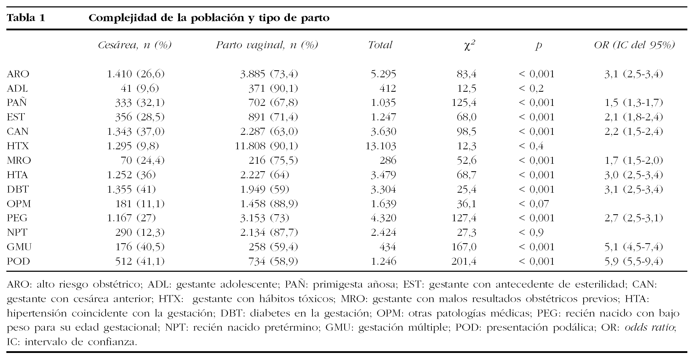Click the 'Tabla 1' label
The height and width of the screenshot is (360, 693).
coord(26,18)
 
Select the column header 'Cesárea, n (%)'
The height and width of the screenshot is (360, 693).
coord(135,45)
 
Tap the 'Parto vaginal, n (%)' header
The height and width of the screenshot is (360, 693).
coord(267,45)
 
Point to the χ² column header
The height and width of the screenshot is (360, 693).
coord(469,46)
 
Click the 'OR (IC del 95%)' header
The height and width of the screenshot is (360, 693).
coord(634,45)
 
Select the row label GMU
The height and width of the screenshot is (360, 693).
coord(19,247)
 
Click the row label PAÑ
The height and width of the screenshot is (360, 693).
coord(17,103)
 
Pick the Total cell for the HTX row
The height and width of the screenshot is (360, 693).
coord(381,146)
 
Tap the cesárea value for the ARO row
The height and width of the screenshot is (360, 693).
coord(136,74)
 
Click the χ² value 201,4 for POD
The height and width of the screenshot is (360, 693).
coord(464,262)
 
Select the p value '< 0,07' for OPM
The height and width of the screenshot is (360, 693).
coord(534,204)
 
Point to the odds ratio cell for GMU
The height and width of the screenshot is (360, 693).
coord(633,247)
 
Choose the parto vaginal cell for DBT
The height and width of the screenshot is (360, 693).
coord(264,190)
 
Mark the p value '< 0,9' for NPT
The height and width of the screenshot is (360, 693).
coord(531,233)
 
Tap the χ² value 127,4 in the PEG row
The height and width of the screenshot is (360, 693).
coord(464,218)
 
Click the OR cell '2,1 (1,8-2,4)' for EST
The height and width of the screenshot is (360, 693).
coord(633,117)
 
